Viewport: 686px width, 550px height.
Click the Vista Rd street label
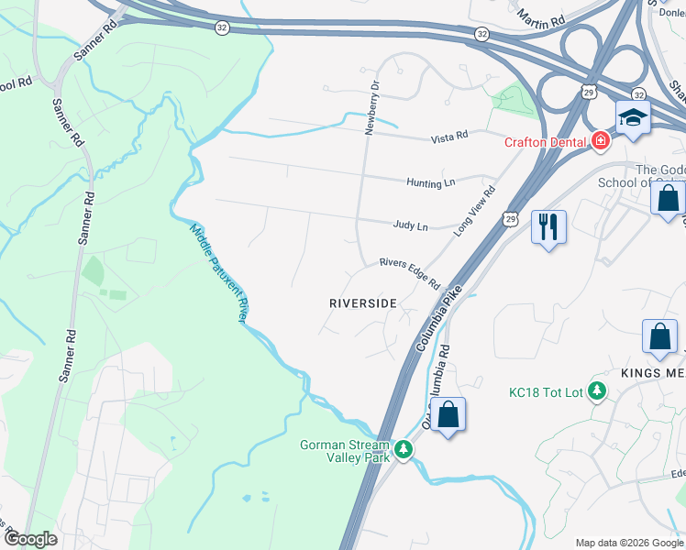[x=449, y=137]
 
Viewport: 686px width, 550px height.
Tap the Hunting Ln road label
[x=430, y=183]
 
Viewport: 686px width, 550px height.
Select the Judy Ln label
[x=410, y=225]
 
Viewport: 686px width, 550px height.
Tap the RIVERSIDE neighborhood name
[x=363, y=302]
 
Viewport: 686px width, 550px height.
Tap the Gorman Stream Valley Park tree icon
[x=404, y=451]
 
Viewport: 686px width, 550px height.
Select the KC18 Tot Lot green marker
[x=597, y=391]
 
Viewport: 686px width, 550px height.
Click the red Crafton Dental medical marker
[x=601, y=141]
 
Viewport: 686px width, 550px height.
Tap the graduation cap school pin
[x=632, y=117]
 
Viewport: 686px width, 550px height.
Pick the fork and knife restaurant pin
[x=548, y=226]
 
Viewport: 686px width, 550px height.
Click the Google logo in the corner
[x=30, y=539]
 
